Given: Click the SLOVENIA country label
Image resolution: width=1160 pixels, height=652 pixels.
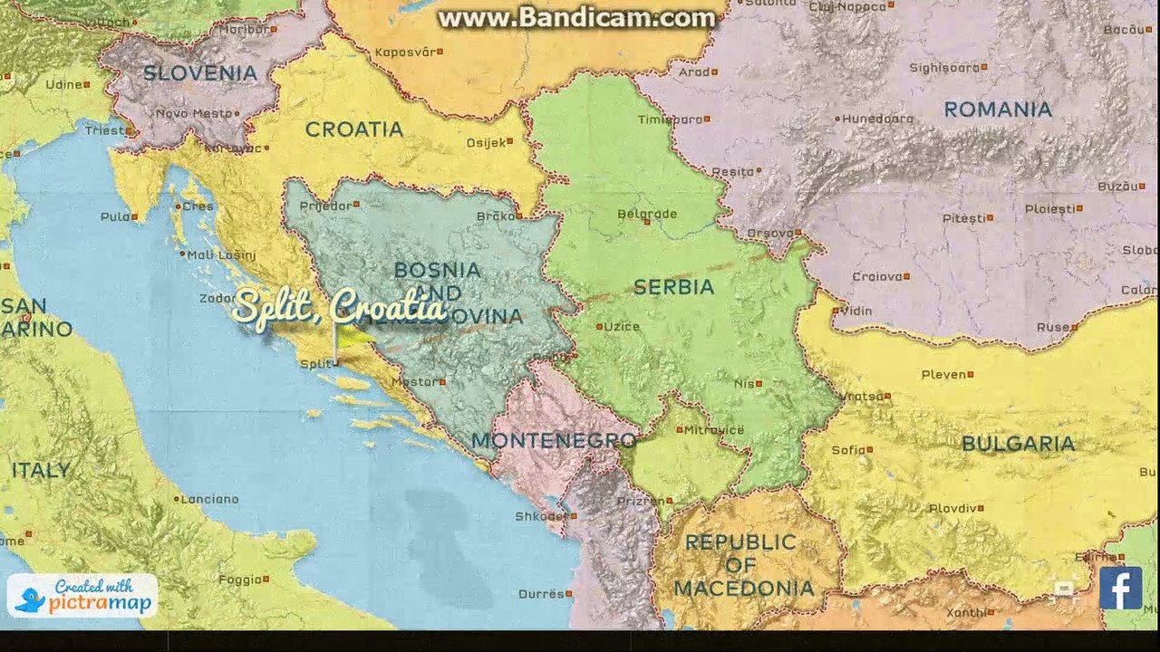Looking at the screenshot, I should point(199,72).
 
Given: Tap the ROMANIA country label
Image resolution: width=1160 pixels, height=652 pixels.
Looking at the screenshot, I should point(998,110).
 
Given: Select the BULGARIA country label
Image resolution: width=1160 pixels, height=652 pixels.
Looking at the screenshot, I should point(1018,444).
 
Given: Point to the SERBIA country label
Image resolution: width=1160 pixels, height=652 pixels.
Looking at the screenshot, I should point(673,287).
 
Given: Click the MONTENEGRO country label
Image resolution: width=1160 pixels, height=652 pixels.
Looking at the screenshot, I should point(554,441).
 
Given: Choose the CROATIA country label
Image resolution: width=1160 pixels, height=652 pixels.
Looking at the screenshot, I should point(353,129).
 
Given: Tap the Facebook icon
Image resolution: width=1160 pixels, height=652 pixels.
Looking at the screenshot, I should point(1120,588).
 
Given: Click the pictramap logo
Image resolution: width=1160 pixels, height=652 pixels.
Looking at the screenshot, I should point(83,596).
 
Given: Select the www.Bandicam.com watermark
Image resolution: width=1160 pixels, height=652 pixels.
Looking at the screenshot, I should point(576,17).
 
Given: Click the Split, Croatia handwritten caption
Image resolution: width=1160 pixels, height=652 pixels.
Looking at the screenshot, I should point(340,309).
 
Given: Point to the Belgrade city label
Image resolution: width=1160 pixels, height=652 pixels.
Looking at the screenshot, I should point(647,215).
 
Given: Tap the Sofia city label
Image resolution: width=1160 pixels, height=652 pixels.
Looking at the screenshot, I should point(849,449).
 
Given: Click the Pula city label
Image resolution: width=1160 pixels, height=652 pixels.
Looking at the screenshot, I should point(115,216).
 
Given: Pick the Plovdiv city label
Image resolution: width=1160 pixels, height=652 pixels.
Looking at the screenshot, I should point(952,509).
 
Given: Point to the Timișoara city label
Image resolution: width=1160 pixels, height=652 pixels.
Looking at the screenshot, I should point(670,119).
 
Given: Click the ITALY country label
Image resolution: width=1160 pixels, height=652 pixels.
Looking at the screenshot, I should point(40,470).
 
